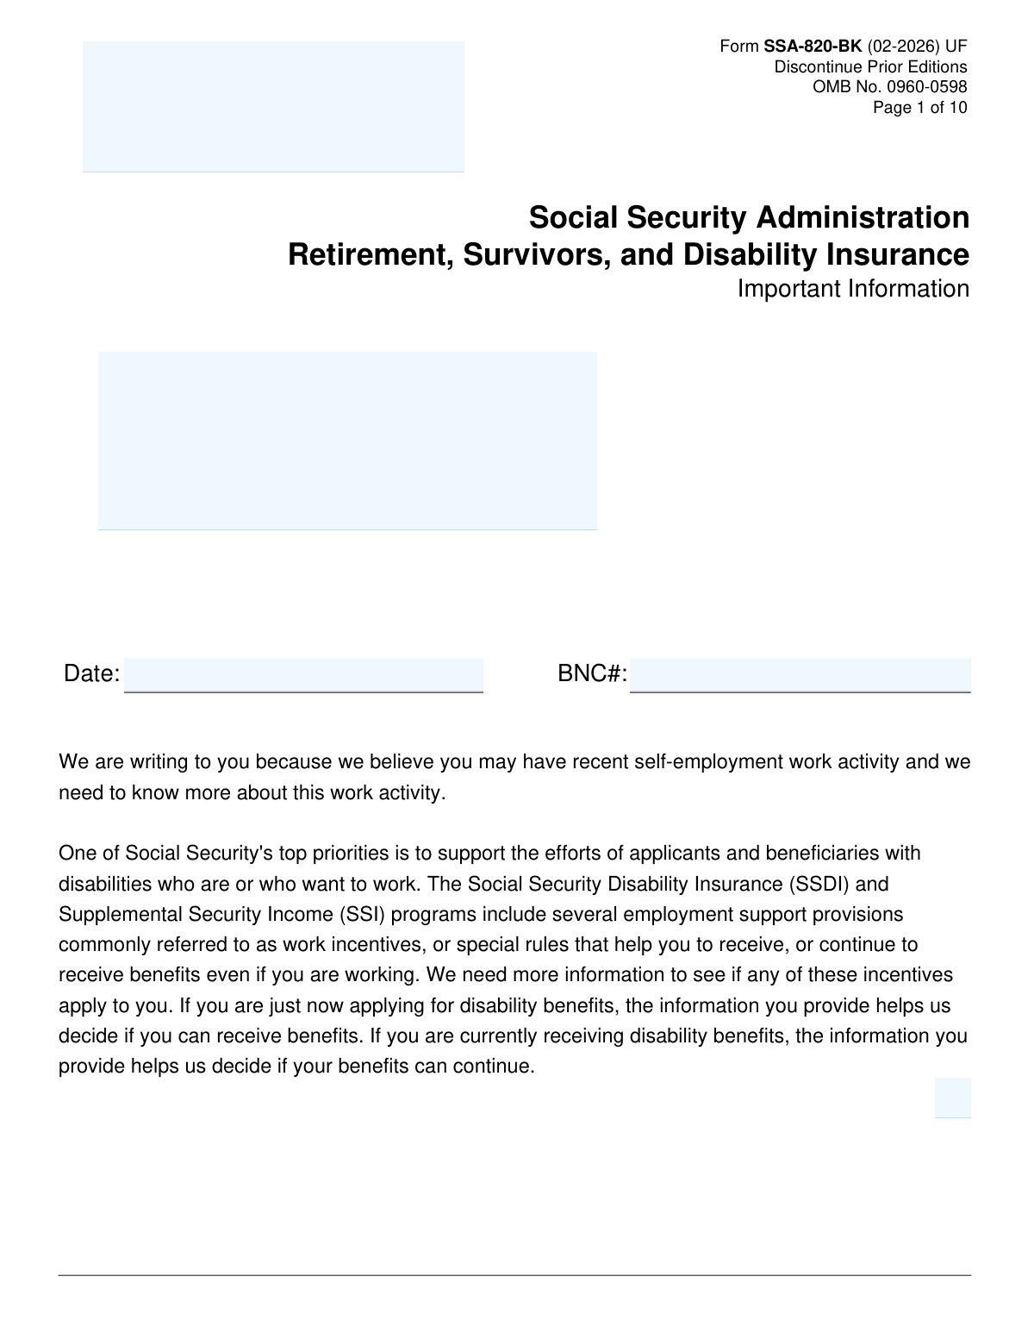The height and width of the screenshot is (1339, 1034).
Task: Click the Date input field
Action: point(303,674)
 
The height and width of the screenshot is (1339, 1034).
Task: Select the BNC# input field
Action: point(800,674)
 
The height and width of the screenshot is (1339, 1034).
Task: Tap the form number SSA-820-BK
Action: point(813,46)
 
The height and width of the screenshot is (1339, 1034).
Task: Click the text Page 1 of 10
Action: point(919,108)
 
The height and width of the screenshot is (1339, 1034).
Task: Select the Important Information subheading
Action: point(853,289)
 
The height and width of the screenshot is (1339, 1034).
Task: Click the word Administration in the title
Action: point(863,217)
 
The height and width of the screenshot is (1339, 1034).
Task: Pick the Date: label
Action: point(91,673)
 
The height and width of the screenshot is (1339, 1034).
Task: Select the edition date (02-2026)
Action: point(903,46)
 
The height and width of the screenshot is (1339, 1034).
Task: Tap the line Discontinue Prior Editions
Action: point(870,66)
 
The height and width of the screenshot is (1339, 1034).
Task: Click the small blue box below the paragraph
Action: point(952,1097)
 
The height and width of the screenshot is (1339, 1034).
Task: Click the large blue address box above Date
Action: point(347,440)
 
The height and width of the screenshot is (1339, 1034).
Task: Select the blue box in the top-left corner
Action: point(273,106)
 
